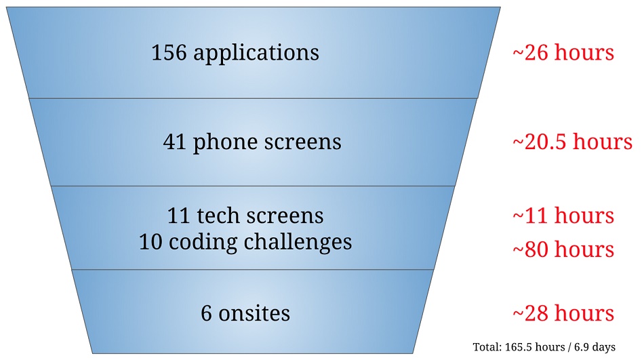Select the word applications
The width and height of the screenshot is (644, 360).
tap(256, 54)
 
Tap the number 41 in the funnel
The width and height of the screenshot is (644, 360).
tap(174, 142)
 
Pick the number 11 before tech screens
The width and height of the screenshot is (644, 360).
tap(178, 216)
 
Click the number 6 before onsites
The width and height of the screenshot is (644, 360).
tap(206, 313)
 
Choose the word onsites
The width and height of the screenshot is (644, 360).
tap(254, 313)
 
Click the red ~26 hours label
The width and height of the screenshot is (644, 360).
tap(563, 53)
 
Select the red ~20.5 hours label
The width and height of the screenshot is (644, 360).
tap(572, 142)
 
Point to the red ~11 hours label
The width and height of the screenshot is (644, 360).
tap(563, 216)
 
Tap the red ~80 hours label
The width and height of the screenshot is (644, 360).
tap(563, 249)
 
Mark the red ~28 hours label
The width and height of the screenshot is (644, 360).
tap(563, 313)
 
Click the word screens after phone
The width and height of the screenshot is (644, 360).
tap(303, 142)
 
